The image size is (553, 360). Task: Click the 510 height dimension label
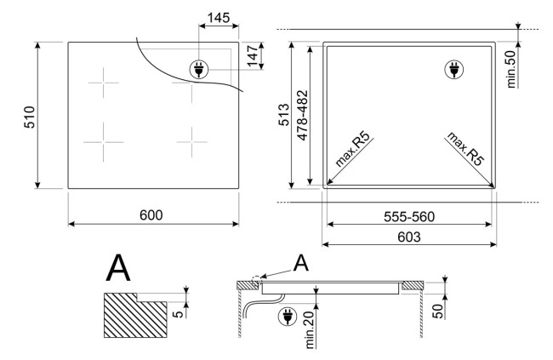[x=30, y=117]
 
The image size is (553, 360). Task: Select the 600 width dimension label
[x=151, y=215]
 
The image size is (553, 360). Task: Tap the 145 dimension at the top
[x=219, y=18]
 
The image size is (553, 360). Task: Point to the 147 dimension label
[x=253, y=56]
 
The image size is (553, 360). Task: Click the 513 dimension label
[x=284, y=115]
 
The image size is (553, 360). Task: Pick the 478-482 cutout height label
[x=302, y=116]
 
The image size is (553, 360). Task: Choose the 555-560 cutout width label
[x=409, y=217]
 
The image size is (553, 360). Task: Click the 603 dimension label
[x=409, y=237]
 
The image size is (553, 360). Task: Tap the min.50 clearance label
[x=511, y=69]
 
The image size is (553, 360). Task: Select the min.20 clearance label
[x=310, y=330]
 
